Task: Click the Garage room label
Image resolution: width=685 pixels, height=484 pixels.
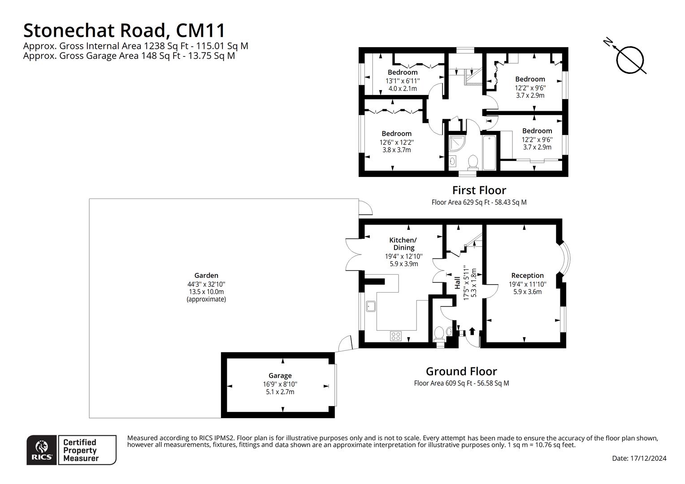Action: [x=280, y=376]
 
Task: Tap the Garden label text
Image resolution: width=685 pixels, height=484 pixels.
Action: [x=206, y=276]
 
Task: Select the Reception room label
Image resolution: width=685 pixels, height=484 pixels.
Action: [x=528, y=276]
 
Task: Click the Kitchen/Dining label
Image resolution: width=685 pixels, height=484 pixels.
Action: [x=403, y=244]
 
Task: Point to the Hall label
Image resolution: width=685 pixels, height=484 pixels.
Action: [x=457, y=283]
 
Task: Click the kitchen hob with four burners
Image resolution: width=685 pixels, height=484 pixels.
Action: [x=396, y=336]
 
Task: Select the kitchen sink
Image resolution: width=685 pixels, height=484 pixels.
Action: [x=371, y=306]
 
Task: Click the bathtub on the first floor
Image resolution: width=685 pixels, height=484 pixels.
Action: [x=489, y=152]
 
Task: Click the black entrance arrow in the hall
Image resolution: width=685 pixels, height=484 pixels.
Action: [x=472, y=331]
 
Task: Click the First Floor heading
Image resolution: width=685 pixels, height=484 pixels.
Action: [x=479, y=190]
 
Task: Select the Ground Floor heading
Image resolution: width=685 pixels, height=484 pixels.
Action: [x=461, y=371]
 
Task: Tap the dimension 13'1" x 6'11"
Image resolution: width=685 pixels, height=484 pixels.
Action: [x=403, y=81]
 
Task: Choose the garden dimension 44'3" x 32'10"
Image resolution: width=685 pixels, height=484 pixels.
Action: [x=206, y=284]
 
